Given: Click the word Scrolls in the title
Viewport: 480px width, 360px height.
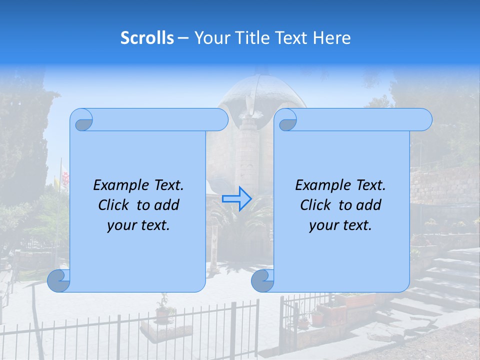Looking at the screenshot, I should click(x=147, y=37).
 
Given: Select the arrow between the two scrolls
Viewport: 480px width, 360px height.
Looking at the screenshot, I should click(x=236, y=198).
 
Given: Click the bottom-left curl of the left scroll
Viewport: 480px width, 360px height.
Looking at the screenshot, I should click(x=58, y=281).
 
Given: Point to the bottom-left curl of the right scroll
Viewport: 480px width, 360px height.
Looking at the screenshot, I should click(x=262, y=281).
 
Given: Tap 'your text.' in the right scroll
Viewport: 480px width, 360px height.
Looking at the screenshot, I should click(x=340, y=225).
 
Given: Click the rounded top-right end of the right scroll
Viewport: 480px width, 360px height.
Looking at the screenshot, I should click(x=422, y=119).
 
